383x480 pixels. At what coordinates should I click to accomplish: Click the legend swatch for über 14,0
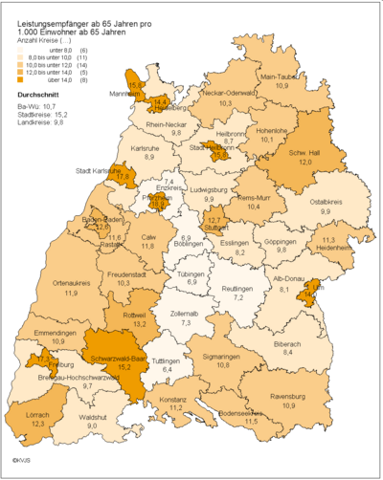[10, 79]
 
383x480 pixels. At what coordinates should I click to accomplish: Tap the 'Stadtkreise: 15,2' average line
[34, 115]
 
